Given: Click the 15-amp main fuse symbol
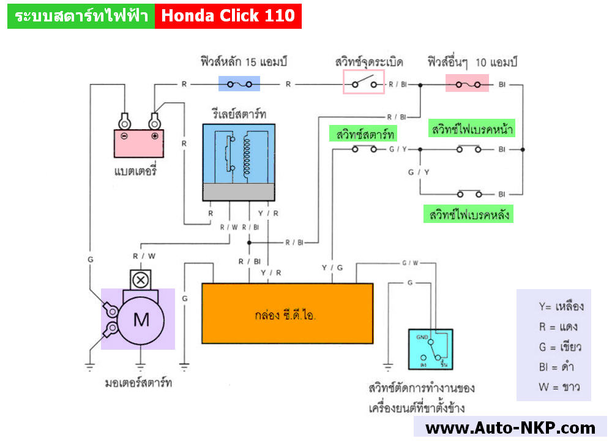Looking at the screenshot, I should coord(239,84).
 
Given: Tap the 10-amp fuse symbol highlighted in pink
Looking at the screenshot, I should coord(468,84).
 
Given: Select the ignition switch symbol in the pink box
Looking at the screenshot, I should coord(364,83).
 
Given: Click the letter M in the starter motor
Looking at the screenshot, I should coord(141,319).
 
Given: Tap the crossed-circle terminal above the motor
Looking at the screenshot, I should coord(140,281).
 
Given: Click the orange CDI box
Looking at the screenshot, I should coord(288,313).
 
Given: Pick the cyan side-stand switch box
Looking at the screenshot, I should coord(431,349).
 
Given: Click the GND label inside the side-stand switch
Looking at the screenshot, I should coord(422,337).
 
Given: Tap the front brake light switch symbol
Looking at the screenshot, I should coord(469,149).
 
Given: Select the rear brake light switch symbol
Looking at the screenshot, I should coord(469,194).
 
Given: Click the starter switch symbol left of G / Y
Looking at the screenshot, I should coord(364,149).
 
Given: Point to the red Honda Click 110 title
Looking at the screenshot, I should coord(228,16).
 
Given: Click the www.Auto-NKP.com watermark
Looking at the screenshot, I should coord(510,428).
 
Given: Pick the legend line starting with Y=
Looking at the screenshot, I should coord(561,306).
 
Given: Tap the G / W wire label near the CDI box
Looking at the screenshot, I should coord(410,263).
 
